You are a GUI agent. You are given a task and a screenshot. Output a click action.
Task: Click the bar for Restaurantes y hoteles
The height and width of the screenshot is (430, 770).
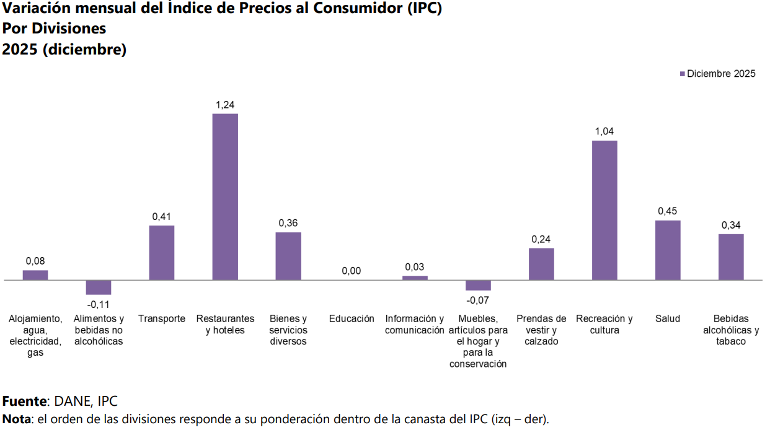click(225, 196)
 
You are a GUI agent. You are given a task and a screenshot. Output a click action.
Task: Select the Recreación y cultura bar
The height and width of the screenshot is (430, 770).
click(604, 210)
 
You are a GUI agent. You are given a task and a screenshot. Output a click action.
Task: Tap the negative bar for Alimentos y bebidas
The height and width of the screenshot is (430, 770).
click(99, 287)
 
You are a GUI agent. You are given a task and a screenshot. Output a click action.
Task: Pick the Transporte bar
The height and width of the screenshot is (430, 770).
click(162, 252)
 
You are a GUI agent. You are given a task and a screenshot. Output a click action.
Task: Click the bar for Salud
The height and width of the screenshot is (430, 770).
click(668, 250)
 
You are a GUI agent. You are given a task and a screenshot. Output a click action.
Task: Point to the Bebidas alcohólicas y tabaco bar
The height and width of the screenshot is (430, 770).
click(731, 257)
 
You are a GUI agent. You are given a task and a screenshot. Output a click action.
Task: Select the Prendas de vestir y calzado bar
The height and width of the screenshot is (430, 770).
click(541, 264)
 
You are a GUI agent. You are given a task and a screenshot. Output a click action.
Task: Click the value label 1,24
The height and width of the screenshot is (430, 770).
click(225, 105)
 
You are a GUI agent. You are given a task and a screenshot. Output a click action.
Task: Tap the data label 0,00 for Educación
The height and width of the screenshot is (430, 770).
click(352, 271)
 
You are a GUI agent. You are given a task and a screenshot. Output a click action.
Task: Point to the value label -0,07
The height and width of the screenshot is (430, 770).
click(478, 300)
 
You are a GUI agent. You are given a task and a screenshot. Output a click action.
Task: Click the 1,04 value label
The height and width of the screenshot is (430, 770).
click(604, 131)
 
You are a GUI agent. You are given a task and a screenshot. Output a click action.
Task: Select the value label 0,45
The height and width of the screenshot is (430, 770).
click(668, 211)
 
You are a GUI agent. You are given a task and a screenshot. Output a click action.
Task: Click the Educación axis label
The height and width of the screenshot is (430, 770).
click(352, 318)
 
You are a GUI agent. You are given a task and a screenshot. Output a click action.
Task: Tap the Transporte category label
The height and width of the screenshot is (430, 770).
click(162, 318)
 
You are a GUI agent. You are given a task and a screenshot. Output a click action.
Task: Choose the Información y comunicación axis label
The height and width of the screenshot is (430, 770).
click(415, 324)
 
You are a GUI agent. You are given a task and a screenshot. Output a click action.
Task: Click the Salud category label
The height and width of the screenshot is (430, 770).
click(668, 318)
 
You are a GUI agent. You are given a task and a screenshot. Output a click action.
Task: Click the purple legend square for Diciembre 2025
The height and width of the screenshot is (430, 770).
click(683, 74)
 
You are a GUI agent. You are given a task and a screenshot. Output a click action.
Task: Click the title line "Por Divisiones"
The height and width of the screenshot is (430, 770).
click(55, 29)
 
